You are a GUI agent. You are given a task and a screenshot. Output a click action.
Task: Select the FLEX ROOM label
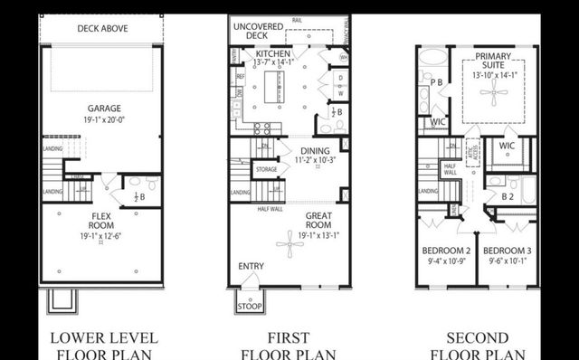point(100,220)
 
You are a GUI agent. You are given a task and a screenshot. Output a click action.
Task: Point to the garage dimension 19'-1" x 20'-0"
point(100,119)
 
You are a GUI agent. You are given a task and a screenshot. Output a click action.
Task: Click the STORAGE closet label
point(266,168)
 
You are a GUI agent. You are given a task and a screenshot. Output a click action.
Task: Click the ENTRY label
point(251,266)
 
